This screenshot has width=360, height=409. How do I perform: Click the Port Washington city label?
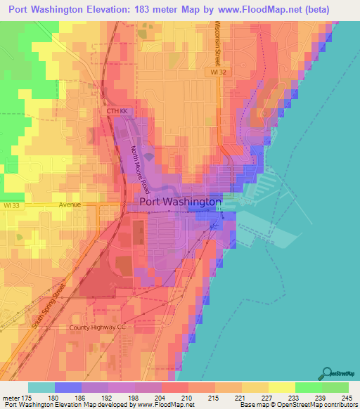pyautogui.click(x=181, y=202)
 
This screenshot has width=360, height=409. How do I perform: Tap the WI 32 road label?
pyautogui.click(x=219, y=72)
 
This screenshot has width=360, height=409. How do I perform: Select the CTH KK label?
pyautogui.click(x=117, y=111)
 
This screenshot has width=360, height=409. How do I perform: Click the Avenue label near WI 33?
pyautogui.click(x=70, y=204)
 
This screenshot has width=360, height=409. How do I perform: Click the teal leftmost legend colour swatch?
pyautogui.click(x=41, y=387)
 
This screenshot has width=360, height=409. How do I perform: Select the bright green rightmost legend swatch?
pyautogui.click(x=335, y=387)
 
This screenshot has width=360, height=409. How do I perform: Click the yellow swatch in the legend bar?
pyautogui.click(x=281, y=387)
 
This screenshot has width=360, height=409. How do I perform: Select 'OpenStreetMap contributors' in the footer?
pyautogui.click(x=320, y=405)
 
